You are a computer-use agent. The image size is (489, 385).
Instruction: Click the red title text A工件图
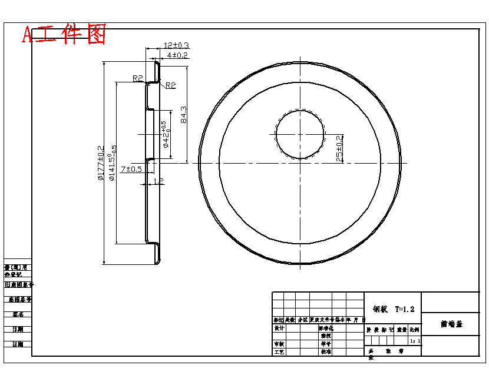[x=64, y=34]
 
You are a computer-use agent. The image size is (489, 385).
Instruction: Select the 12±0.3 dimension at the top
[x=176, y=45]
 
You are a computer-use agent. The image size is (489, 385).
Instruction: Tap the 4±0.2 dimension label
[x=177, y=55]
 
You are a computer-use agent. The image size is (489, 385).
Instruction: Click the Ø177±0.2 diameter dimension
[x=100, y=163]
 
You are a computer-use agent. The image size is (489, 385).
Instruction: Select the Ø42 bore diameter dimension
[x=166, y=134]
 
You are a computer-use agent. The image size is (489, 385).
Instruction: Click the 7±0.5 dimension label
[x=131, y=170]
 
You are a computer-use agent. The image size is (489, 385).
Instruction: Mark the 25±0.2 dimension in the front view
[x=339, y=148]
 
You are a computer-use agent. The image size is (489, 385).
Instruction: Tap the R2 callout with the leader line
[x=170, y=85]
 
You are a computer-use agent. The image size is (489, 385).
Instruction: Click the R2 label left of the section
[x=138, y=78]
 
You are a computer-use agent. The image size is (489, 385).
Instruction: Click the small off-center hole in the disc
[x=300, y=135]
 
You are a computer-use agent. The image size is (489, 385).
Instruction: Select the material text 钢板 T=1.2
[x=394, y=308]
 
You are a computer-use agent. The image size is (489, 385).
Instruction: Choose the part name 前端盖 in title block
[x=451, y=324]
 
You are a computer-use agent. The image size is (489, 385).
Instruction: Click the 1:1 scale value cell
[x=415, y=340]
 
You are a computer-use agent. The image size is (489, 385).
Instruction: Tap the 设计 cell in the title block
[x=279, y=328]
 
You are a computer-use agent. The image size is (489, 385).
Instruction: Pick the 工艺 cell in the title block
[x=279, y=351]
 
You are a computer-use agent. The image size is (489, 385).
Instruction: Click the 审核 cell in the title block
[x=279, y=344]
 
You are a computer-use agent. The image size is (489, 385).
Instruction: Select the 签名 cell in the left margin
[x=17, y=314]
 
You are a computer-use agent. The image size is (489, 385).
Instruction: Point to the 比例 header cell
[x=415, y=330]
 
